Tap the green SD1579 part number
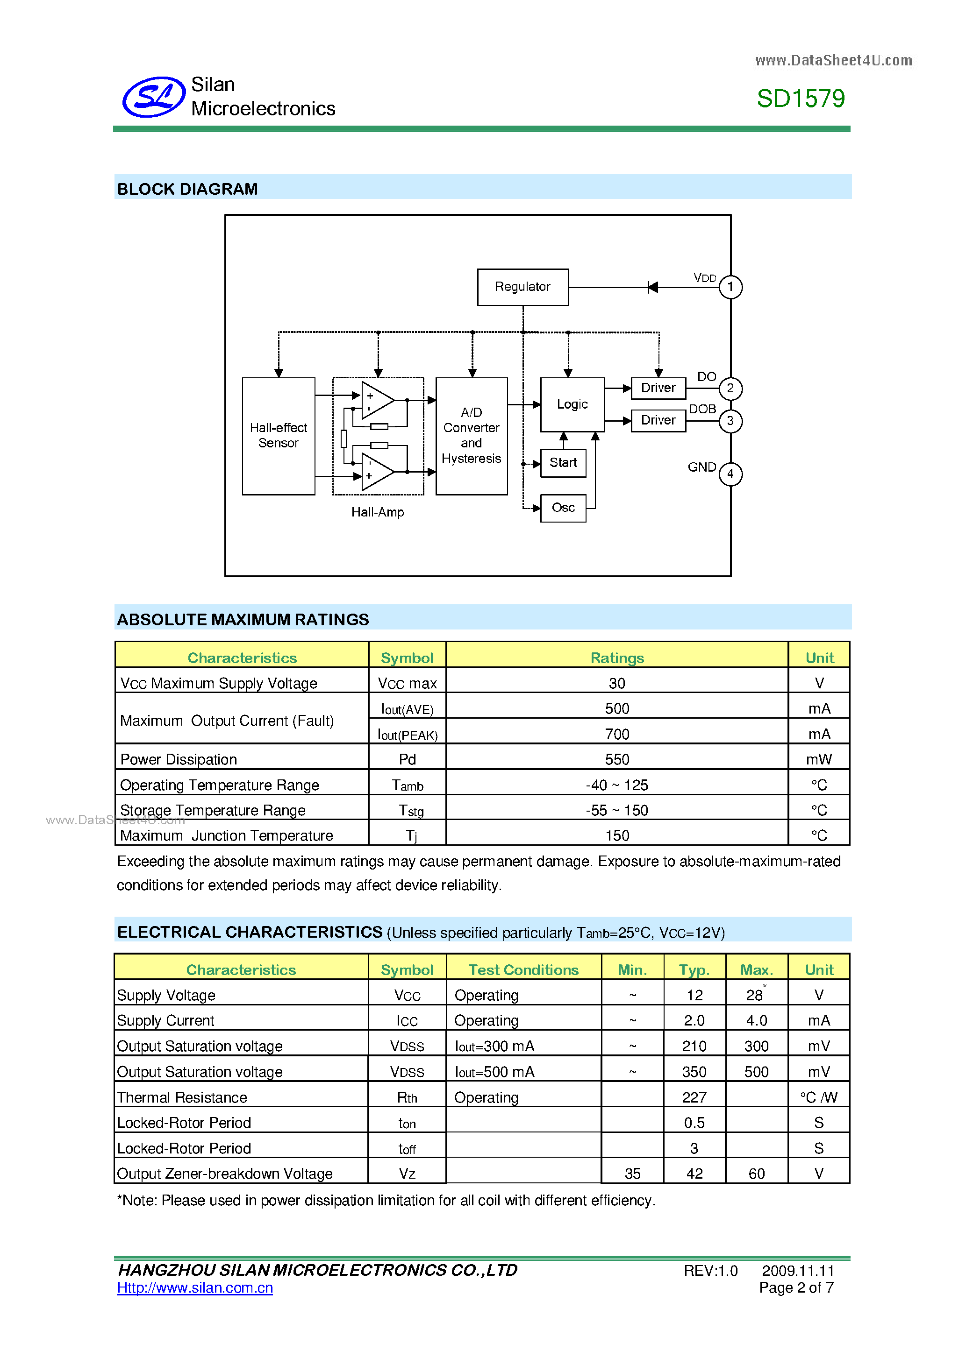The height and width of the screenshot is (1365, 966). pyautogui.click(x=800, y=99)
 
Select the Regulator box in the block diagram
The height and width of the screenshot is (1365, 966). pyautogui.click(x=522, y=287)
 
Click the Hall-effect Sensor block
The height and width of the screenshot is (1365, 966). pyautogui.click(x=279, y=436)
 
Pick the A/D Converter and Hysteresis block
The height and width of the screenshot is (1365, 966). pyautogui.click(x=471, y=436)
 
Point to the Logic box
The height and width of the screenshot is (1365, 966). pyautogui.click(x=572, y=404)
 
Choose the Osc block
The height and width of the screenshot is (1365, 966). pyautogui.click(x=563, y=508)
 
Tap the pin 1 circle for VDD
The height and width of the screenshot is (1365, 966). pyautogui.click(x=730, y=287)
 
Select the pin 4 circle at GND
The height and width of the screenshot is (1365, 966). pyautogui.click(x=730, y=474)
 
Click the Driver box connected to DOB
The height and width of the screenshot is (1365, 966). pyautogui.click(x=658, y=420)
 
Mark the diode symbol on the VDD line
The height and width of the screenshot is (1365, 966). pyautogui.click(x=652, y=288)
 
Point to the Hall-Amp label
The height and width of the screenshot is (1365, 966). pyautogui.click(x=377, y=512)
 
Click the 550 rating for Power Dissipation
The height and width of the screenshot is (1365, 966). pyautogui.click(x=617, y=760)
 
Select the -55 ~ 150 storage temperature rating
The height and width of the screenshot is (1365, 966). pyautogui.click(x=617, y=810)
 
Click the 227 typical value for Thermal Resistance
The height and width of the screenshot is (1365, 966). pyautogui.click(x=694, y=1097)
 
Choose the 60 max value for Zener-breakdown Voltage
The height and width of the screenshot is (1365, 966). pyautogui.click(x=757, y=1174)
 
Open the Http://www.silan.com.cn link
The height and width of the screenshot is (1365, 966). pyautogui.click(x=195, y=1287)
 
